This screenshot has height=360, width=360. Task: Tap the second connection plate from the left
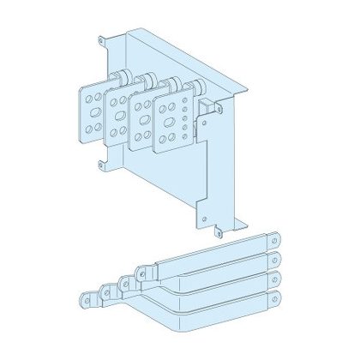pyautogui.click(x=117, y=116)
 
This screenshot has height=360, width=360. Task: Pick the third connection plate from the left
pyautogui.click(x=141, y=116)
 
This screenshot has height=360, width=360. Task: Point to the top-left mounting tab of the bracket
pyautogui.click(x=105, y=39)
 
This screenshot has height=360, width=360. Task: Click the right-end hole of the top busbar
pyautogui.click(x=275, y=242)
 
